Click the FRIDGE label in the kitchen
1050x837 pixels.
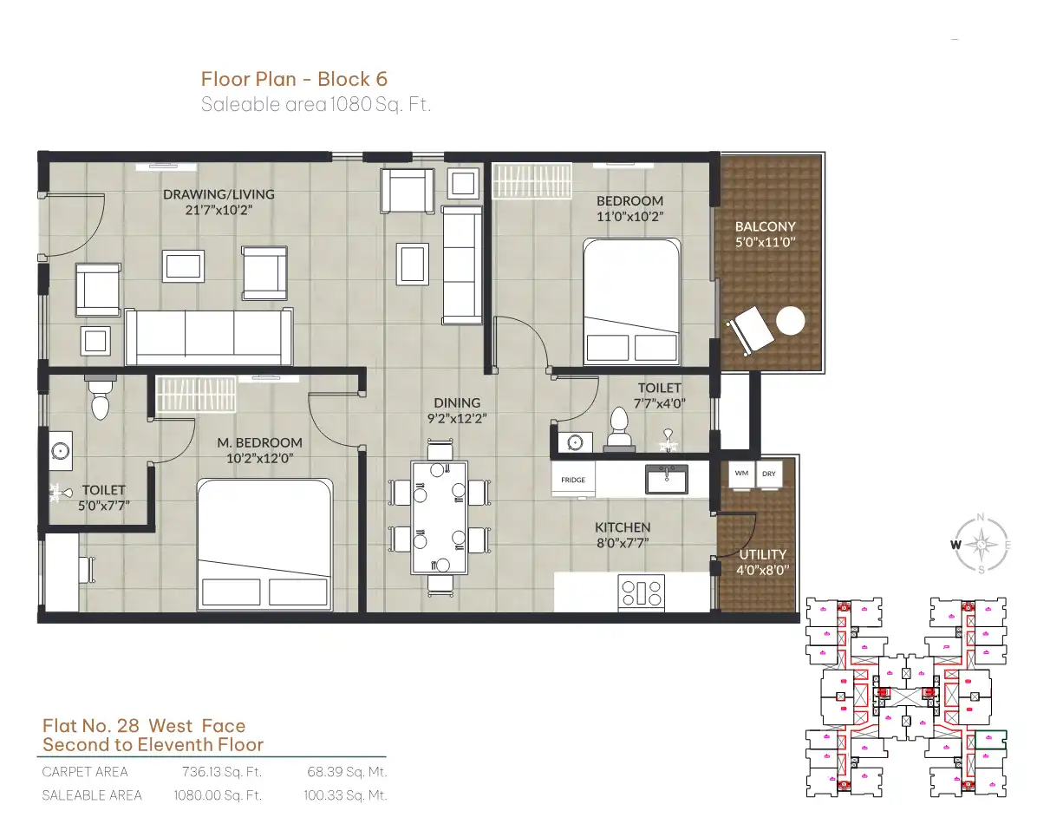click(x=573, y=480)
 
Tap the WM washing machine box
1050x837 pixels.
click(x=741, y=474)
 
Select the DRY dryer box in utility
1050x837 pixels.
click(x=769, y=474)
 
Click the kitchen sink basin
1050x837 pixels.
click(x=667, y=480)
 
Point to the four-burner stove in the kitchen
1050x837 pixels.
click(x=641, y=592)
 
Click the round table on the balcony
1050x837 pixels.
click(x=790, y=321)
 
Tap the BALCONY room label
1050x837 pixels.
click(x=765, y=226)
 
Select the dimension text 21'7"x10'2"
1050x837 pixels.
click(x=218, y=211)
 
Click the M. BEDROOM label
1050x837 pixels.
click(x=259, y=442)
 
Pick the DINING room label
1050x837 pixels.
click(x=457, y=402)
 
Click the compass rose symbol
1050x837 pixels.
click(x=982, y=544)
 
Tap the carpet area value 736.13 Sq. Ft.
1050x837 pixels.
click(x=222, y=772)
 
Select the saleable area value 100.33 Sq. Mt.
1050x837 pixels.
click(x=345, y=795)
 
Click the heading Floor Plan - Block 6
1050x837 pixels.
click(x=294, y=79)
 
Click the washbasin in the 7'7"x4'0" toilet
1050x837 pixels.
click(x=575, y=442)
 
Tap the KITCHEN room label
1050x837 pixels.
click(x=623, y=527)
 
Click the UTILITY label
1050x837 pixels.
click(x=763, y=554)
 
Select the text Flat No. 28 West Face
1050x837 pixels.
click(x=144, y=726)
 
